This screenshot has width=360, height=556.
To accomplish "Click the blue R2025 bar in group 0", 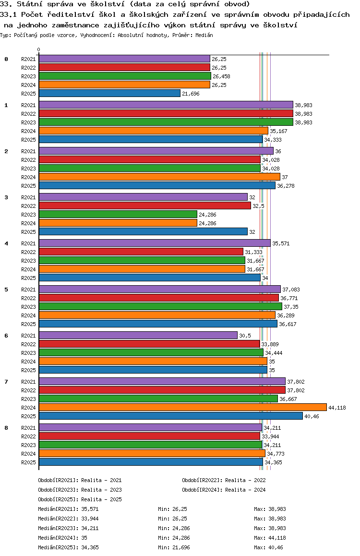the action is point(109,93).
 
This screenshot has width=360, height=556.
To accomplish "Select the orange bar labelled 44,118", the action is point(183,408).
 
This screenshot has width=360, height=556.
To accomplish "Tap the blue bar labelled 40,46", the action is point(171,416).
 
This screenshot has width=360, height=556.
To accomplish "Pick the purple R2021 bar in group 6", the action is point(138,335).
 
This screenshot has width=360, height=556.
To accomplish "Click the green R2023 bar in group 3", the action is point(118,214).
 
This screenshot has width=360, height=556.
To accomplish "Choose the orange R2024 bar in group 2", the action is point(159,177).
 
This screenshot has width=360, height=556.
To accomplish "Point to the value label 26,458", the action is point(221,76).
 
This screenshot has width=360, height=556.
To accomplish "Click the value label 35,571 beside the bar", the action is point(281,243).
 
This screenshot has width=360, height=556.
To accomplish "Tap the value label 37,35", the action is point(291,307).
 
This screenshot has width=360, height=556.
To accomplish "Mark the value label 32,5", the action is point(258,206).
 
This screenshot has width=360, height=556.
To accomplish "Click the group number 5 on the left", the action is point(6,290).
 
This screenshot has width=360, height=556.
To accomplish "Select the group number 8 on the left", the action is point(6,428).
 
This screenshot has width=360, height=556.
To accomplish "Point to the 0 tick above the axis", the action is point(38,49).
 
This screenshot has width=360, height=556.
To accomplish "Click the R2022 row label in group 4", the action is point(28,252).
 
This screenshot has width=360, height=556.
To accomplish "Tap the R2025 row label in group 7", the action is point(28,416).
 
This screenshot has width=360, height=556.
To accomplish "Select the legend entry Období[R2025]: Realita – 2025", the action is point(80,499).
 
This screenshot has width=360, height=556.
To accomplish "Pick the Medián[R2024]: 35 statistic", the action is point(62,538).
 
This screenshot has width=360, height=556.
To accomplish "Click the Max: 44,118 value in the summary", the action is point(270,538).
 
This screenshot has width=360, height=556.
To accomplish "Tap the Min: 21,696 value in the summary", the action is point(174,547).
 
